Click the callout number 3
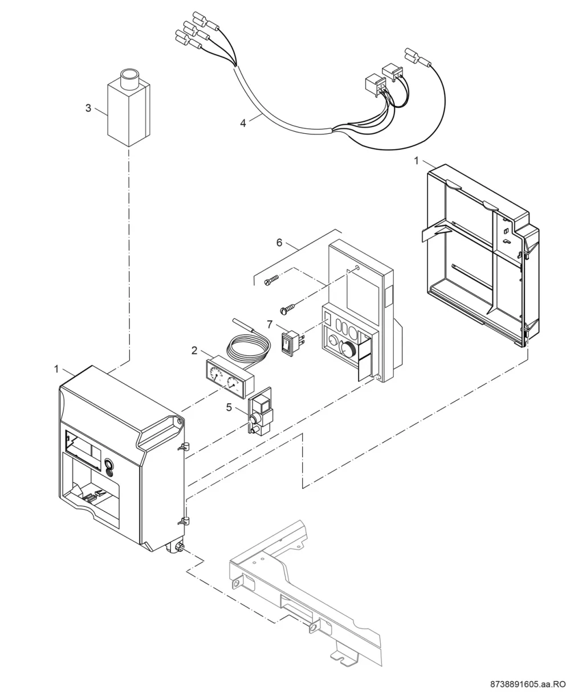[x=88, y=108]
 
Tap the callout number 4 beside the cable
[x=243, y=124]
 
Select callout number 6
[x=279, y=243]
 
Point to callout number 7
[x=270, y=325]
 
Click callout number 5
[x=229, y=407]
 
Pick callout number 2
[x=194, y=351]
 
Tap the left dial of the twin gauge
[x=216, y=374]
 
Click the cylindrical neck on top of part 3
[x=131, y=79]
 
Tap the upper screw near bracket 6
[x=271, y=280]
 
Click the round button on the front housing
[x=108, y=464]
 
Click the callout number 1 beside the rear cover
[x=416, y=161]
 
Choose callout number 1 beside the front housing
[x=56, y=369]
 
